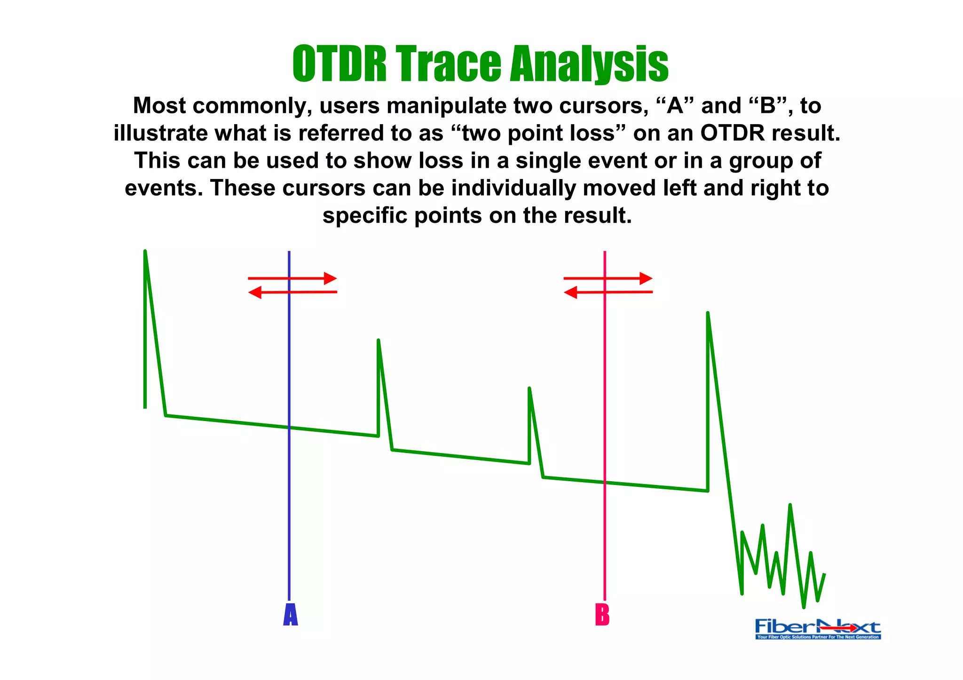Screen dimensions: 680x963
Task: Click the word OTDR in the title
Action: (x=339, y=64)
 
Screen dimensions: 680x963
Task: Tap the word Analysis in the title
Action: (x=589, y=64)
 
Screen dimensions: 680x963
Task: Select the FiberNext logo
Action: (x=818, y=629)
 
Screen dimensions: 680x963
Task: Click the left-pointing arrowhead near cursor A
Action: (x=254, y=293)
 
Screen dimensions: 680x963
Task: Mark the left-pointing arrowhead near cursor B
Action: (x=570, y=293)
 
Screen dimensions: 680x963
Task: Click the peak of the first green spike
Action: (x=145, y=251)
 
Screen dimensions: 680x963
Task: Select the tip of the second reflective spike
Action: (x=378, y=340)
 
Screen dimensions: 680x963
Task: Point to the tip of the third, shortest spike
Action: (x=529, y=389)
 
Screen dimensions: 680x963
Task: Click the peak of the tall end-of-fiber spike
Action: (x=708, y=313)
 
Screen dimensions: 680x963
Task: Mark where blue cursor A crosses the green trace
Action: (x=289, y=428)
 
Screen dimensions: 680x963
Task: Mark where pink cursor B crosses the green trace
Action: (x=605, y=482)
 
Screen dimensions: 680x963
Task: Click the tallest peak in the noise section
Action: (x=790, y=505)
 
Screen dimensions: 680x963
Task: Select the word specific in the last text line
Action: (x=365, y=216)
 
